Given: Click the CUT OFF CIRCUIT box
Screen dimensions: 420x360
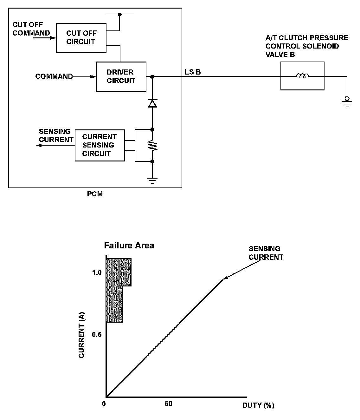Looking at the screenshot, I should click(81, 38).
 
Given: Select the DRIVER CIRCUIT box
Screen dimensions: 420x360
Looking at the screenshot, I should click(121, 76).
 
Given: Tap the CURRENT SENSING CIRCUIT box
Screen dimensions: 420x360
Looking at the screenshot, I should click(100, 145).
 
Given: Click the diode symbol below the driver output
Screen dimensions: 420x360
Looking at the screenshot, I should click(152, 103).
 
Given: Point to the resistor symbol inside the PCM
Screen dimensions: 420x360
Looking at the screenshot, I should click(152, 146).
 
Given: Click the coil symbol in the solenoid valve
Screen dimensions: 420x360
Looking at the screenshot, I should click(302, 76).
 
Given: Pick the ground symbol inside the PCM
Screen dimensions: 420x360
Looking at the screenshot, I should click(152, 181).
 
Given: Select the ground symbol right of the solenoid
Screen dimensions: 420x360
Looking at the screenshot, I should click(347, 102).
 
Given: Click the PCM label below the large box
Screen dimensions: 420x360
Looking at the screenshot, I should click(95, 194).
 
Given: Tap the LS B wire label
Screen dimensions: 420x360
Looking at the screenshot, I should click(193, 72).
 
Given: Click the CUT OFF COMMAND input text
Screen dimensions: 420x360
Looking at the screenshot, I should click(31, 29).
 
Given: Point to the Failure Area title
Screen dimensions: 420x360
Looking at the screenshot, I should click(129, 245).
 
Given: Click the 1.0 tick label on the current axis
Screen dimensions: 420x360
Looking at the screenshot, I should click(97, 272).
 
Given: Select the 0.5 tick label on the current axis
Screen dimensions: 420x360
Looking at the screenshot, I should click(97, 335).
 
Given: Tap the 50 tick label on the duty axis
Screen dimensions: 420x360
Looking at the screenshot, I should click(169, 404).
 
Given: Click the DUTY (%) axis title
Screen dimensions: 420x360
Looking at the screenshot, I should click(258, 405).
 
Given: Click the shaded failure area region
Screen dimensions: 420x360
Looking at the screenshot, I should click(115, 289).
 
